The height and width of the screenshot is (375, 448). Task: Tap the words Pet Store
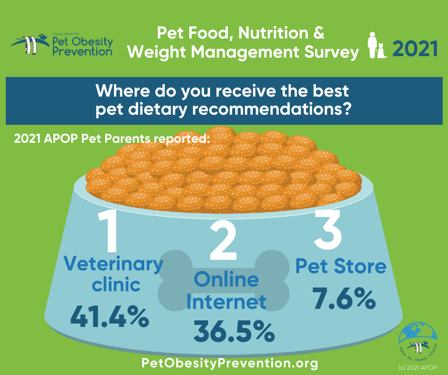pyautogui.click(x=341, y=266)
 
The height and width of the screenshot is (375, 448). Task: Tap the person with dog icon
pyautogui.click(x=377, y=46)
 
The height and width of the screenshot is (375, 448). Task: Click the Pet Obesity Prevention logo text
pyautogui.click(x=82, y=46)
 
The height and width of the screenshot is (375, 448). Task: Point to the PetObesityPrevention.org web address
pyautogui.click(x=230, y=364)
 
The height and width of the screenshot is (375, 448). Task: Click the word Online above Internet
pyautogui.click(x=226, y=278)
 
